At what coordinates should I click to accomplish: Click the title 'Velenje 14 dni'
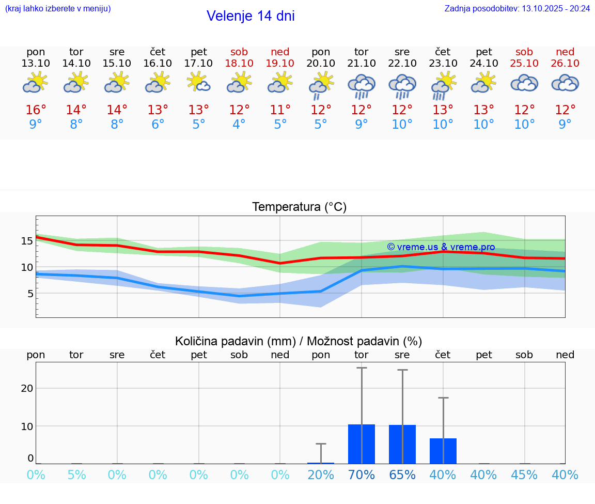(250, 16)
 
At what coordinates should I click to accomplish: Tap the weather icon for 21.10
(362, 85)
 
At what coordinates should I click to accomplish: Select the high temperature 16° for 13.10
(36, 110)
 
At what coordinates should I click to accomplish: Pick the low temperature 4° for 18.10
(239, 125)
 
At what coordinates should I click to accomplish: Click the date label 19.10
(280, 63)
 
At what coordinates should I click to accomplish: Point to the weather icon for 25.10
(524, 83)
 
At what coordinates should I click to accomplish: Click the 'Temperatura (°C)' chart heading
(299, 207)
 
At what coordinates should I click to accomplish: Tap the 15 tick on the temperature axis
(27, 241)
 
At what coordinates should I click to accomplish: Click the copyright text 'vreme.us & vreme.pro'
(441, 247)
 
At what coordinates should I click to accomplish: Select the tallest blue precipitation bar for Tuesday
(362, 444)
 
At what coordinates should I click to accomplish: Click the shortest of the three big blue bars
(443, 451)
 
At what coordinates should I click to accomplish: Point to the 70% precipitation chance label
(362, 475)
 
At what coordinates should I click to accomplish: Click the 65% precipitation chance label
(402, 475)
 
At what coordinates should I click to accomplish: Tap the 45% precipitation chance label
(524, 475)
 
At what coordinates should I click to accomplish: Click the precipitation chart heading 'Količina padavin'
(299, 341)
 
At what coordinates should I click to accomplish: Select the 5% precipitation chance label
(76, 475)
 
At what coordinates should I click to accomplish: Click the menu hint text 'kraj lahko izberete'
(57, 8)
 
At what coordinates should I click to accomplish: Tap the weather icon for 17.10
(199, 83)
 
